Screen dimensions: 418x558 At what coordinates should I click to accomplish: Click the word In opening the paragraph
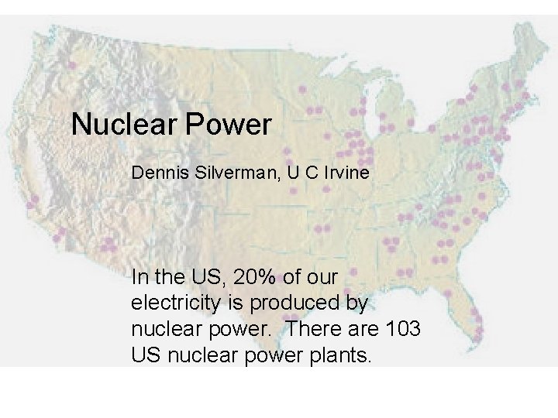tap(139, 276)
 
